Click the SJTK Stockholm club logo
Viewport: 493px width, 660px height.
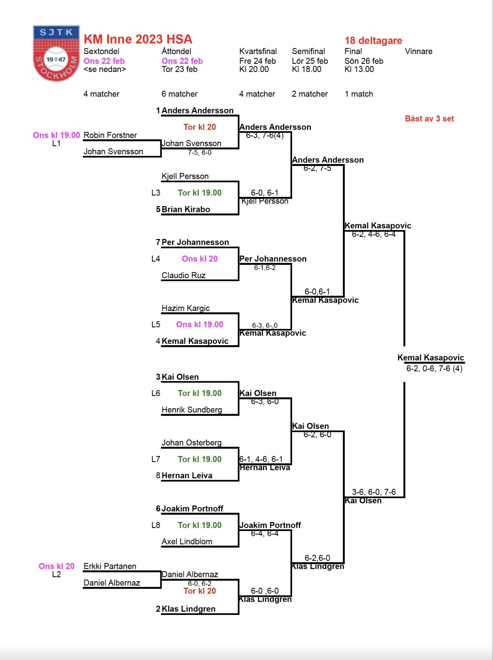pos(56,53)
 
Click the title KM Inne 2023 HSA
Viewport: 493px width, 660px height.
pos(138,39)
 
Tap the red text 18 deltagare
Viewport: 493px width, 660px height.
pos(373,41)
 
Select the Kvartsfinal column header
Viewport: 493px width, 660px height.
pos(258,51)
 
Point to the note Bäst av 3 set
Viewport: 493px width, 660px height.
pos(429,119)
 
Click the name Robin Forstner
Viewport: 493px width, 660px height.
pos(110,135)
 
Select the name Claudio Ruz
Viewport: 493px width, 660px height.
pos(184,275)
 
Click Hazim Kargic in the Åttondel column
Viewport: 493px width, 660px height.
pos(185,308)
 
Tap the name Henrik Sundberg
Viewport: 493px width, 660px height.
pos(192,410)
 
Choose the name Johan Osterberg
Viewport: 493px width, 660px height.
pos(192,443)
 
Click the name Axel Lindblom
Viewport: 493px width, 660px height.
pos(187,542)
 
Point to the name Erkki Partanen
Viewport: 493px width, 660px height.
pos(110,566)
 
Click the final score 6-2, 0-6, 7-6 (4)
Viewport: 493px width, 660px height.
pos(434,369)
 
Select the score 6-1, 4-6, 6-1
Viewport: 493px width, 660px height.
pos(261,459)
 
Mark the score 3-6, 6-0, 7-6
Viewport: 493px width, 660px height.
pos(374,492)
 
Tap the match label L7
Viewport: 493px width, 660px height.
pos(156,459)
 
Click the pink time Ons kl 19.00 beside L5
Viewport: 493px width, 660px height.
pos(199,325)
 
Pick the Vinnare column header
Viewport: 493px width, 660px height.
pos(418,51)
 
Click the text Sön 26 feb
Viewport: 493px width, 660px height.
pos(364,61)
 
